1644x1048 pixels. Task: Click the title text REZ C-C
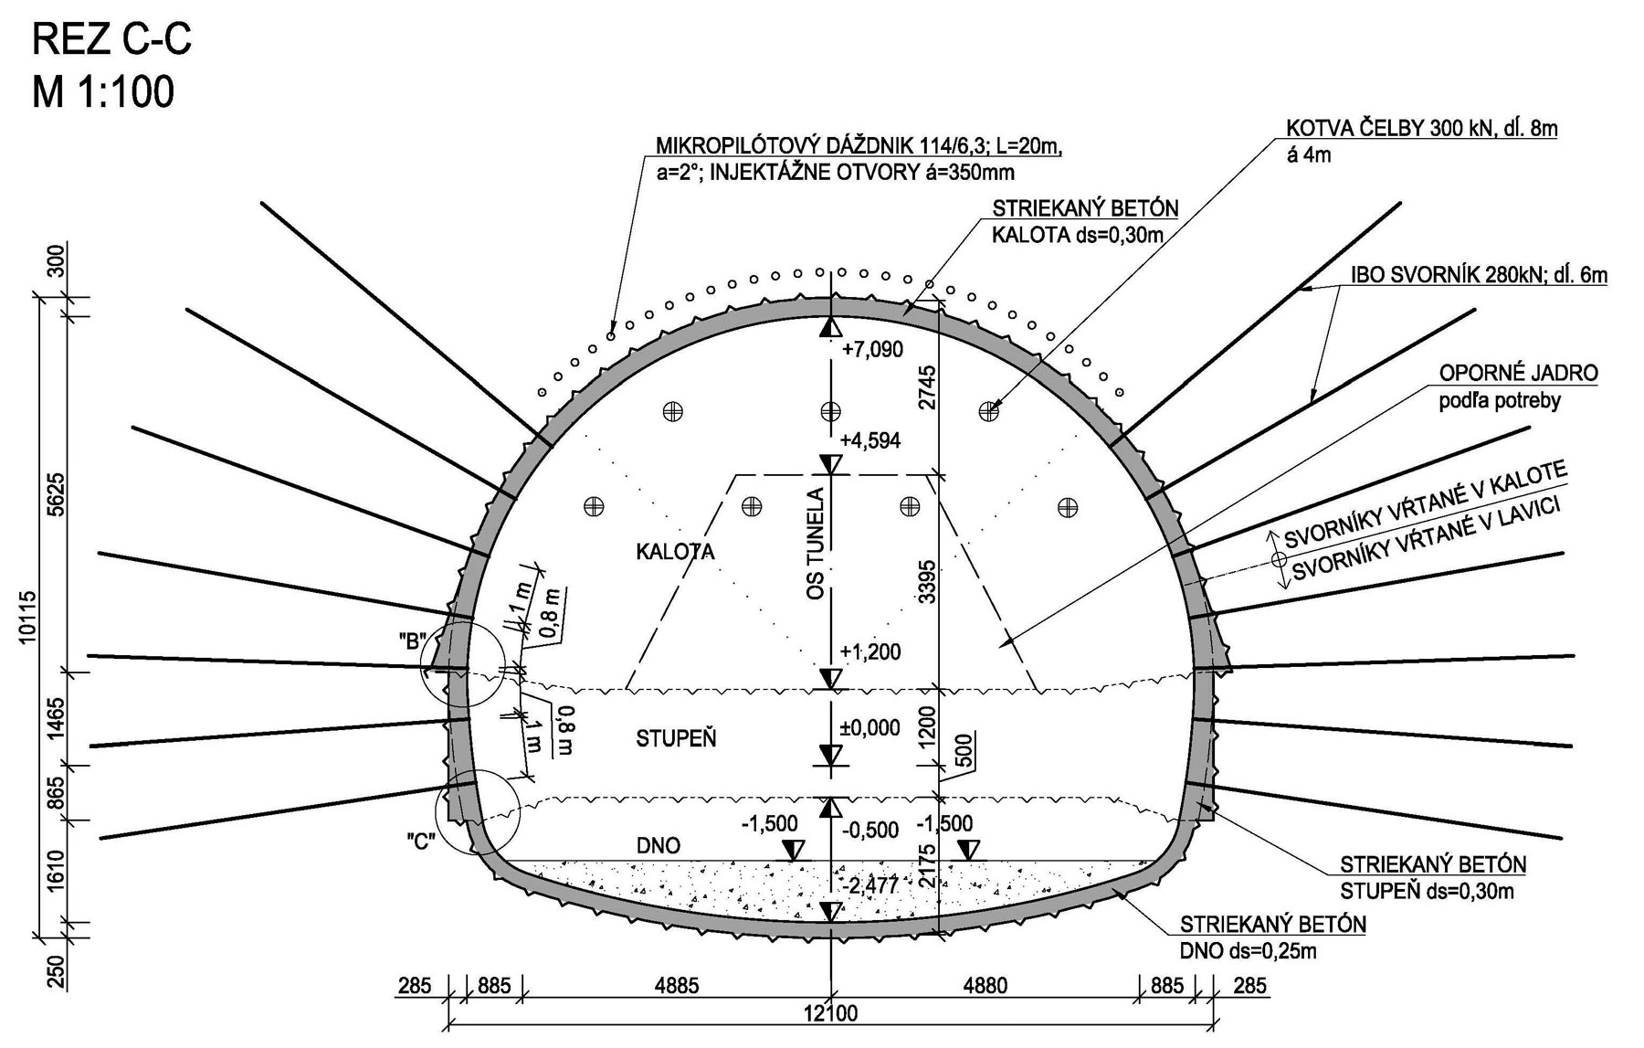pyautogui.click(x=111, y=41)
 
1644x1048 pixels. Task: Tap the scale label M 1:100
pyautogui.click(x=102, y=92)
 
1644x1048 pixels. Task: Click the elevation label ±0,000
pyautogui.click(x=870, y=728)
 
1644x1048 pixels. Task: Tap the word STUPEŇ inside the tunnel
pyautogui.click(x=676, y=739)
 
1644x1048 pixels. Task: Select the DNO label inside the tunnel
pyautogui.click(x=658, y=846)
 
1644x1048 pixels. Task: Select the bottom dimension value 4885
pyautogui.click(x=677, y=986)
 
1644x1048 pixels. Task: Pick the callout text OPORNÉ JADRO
pyautogui.click(x=1518, y=373)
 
